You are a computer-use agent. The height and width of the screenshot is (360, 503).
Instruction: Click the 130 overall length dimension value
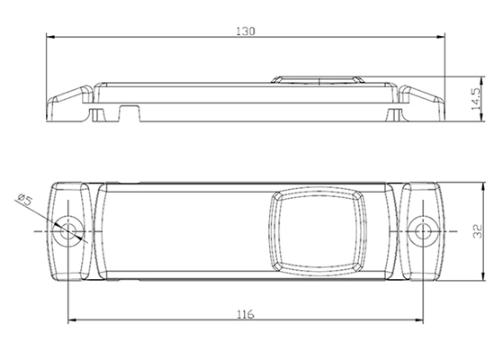click(246, 31)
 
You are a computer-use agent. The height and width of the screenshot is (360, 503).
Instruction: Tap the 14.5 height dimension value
click(476, 99)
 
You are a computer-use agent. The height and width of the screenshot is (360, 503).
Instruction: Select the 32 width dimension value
click(477, 231)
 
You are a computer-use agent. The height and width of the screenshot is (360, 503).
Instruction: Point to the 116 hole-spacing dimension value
click(246, 314)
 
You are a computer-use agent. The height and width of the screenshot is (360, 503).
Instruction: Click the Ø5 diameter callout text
click(25, 200)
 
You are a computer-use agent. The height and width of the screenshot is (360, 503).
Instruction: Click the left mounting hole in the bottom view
click(67, 231)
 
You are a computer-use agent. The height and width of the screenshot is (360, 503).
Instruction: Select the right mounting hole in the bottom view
click(423, 231)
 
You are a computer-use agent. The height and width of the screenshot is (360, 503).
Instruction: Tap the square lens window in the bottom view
click(318, 231)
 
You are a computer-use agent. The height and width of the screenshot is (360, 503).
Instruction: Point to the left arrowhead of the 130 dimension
click(51, 37)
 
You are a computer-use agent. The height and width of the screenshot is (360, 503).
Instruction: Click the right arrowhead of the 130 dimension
click(440, 37)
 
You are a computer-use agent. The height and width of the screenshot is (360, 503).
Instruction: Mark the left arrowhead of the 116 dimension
click(73, 319)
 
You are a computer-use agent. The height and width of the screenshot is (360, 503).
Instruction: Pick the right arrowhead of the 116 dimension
click(418, 319)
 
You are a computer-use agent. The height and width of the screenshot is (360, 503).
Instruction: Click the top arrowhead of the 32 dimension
click(483, 187)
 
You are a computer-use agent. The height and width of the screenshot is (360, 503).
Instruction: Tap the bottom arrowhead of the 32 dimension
click(483, 275)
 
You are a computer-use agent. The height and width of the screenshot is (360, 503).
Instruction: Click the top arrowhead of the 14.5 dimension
click(482, 82)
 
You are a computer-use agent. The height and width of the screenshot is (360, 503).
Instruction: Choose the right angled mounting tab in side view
click(421, 103)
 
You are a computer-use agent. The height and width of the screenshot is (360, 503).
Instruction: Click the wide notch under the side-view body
click(130, 112)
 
